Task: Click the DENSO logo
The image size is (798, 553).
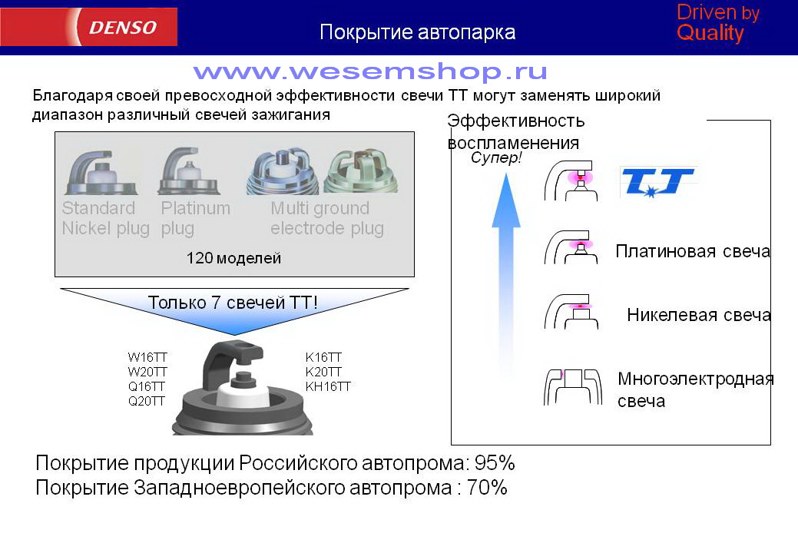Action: tap(123, 27)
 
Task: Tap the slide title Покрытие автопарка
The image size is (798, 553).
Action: tap(417, 32)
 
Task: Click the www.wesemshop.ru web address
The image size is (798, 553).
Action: tap(370, 71)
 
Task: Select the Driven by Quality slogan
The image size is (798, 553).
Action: tap(717, 23)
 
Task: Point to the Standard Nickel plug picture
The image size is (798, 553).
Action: tap(101, 172)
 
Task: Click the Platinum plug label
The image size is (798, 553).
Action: tap(195, 218)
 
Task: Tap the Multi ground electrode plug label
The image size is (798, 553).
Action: tap(326, 218)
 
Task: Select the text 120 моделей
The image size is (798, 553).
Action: tap(233, 258)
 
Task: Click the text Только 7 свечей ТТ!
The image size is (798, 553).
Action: tap(233, 303)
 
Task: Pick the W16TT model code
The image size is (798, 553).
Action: tap(147, 357)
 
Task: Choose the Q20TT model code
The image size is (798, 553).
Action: tap(147, 402)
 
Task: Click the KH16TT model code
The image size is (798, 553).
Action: tap(328, 386)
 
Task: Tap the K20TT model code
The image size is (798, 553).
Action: tap(323, 372)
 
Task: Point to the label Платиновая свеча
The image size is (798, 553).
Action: tap(693, 251)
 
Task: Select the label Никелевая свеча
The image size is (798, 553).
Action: tap(699, 315)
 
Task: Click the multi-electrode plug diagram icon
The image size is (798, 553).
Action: tap(572, 386)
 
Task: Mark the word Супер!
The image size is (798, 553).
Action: tap(496, 157)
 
